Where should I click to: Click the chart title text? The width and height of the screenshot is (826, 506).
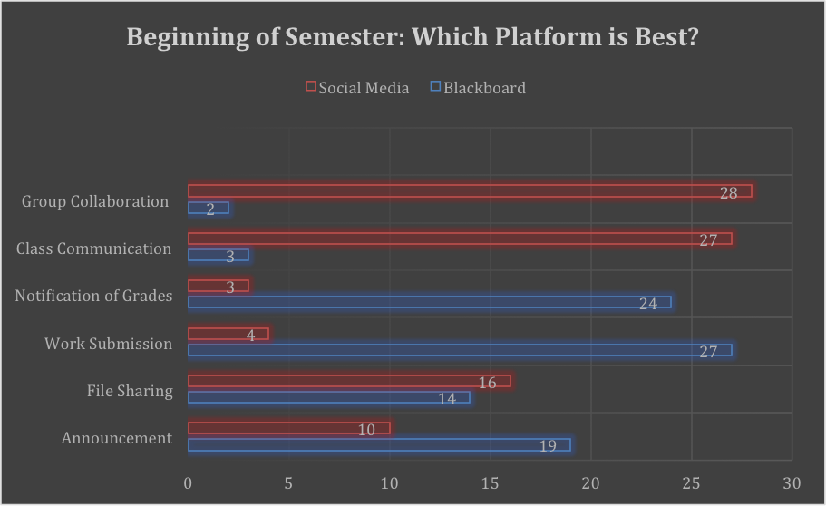413,38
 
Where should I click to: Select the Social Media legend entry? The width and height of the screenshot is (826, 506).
357,88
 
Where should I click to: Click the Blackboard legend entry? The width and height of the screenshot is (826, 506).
478,88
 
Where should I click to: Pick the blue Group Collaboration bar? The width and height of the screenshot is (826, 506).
208,208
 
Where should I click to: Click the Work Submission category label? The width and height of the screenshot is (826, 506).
109,344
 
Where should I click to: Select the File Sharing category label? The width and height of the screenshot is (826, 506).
130,391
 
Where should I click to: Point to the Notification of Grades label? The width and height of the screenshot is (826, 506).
94,296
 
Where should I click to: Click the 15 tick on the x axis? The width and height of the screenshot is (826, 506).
491,483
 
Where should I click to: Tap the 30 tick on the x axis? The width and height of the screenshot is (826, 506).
792,483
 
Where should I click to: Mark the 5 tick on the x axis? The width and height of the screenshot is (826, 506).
288,483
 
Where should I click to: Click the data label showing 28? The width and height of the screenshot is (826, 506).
729,192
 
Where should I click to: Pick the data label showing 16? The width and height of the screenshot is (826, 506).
487,383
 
